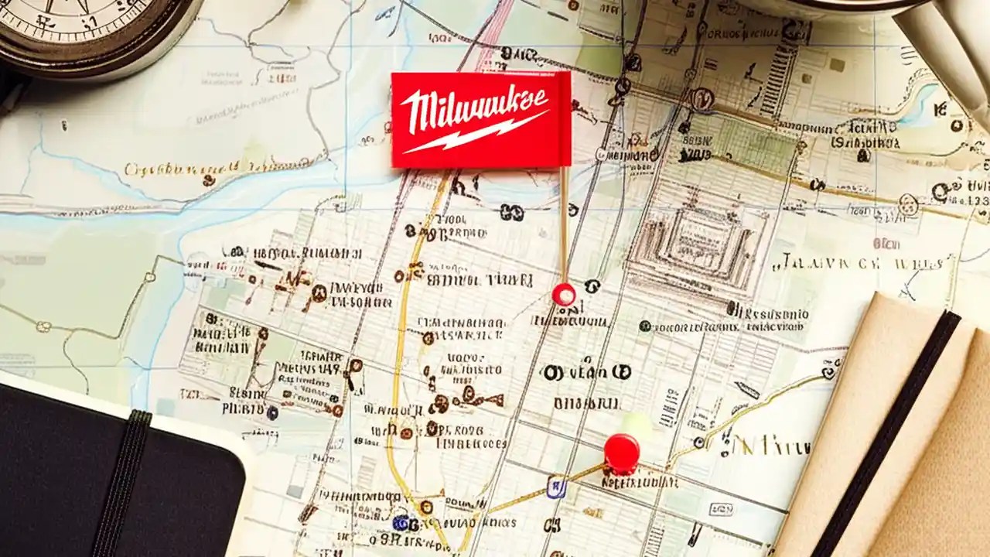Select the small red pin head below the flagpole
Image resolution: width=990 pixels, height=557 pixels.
tap(564, 294)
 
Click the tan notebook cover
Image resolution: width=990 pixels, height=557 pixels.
tap(928, 464)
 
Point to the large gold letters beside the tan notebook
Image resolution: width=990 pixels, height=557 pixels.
tap(773, 445)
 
